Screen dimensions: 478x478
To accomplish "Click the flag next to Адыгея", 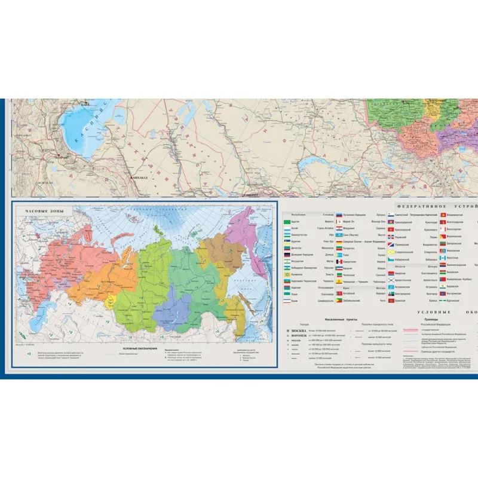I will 287,222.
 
